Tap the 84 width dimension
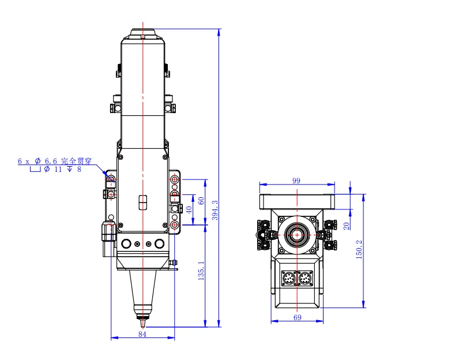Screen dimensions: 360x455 tap(142, 334)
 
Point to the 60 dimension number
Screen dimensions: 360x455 tap(201, 201)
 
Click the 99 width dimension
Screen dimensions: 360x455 tap(296, 181)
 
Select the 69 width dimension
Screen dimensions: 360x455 tap(298, 317)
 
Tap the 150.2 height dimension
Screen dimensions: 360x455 tap(359, 249)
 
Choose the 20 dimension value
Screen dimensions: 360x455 tap(347, 226)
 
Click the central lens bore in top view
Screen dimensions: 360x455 tap(297, 235)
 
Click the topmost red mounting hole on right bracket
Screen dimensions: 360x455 tap(175, 180)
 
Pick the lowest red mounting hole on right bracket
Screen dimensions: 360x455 tap(175, 224)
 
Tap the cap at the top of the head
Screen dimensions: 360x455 tap(142, 33)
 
